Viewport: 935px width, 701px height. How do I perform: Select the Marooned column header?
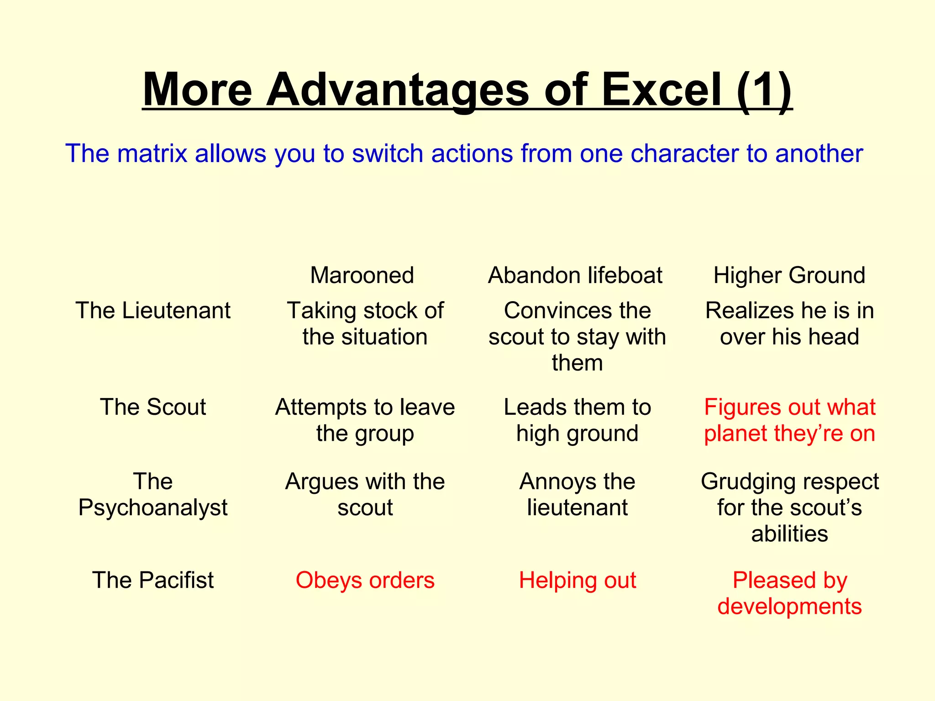coord(362,275)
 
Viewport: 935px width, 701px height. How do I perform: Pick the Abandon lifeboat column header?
coord(575,275)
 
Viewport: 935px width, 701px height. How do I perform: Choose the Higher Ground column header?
coord(789,275)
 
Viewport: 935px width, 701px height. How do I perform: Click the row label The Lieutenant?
coord(153,310)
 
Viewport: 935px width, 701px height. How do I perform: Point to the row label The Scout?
coord(153,407)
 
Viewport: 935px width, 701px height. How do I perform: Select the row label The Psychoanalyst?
coord(153,494)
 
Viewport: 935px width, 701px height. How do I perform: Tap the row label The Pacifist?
coord(153,580)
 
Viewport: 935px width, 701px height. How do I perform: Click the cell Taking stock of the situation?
coord(365,324)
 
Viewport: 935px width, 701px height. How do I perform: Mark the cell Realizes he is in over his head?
coord(789,324)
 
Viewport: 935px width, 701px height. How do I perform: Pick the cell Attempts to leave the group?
coord(365,420)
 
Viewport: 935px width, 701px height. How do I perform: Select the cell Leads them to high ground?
coord(577,420)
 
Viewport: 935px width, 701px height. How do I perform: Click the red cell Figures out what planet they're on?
coord(789,420)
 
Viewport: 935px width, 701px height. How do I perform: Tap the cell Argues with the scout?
coord(365,494)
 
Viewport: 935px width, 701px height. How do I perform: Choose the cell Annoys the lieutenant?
coord(577,494)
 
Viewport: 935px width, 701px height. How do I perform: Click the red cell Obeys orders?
coord(365,580)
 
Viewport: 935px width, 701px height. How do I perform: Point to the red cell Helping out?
coord(577,580)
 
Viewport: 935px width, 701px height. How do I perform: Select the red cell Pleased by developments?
coord(789,593)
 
